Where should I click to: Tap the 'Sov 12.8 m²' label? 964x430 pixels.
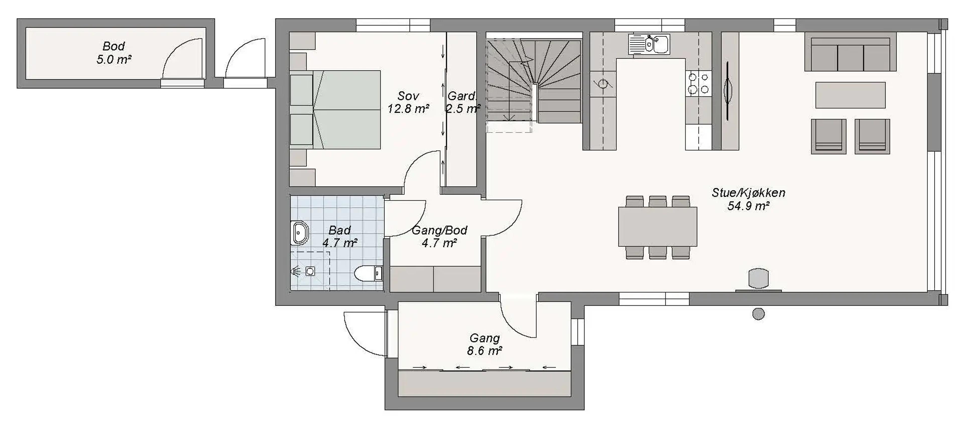pyautogui.click(x=408, y=102)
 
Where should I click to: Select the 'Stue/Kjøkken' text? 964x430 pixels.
pyautogui.click(x=748, y=193)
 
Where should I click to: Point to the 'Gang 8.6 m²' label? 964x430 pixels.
pyautogui.click(x=484, y=344)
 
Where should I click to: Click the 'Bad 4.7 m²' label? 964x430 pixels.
pyautogui.click(x=340, y=236)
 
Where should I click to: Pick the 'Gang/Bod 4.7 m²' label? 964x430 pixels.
pyautogui.click(x=439, y=236)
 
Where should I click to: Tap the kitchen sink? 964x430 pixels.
pyautogui.click(x=649, y=44)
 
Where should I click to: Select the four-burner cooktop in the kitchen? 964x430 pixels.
pyautogui.click(x=699, y=84)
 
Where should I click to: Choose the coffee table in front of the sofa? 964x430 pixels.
pyautogui.click(x=850, y=95)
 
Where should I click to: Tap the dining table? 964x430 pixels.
pyautogui.click(x=657, y=227)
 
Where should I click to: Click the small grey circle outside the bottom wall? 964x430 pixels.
pyautogui.click(x=759, y=314)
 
